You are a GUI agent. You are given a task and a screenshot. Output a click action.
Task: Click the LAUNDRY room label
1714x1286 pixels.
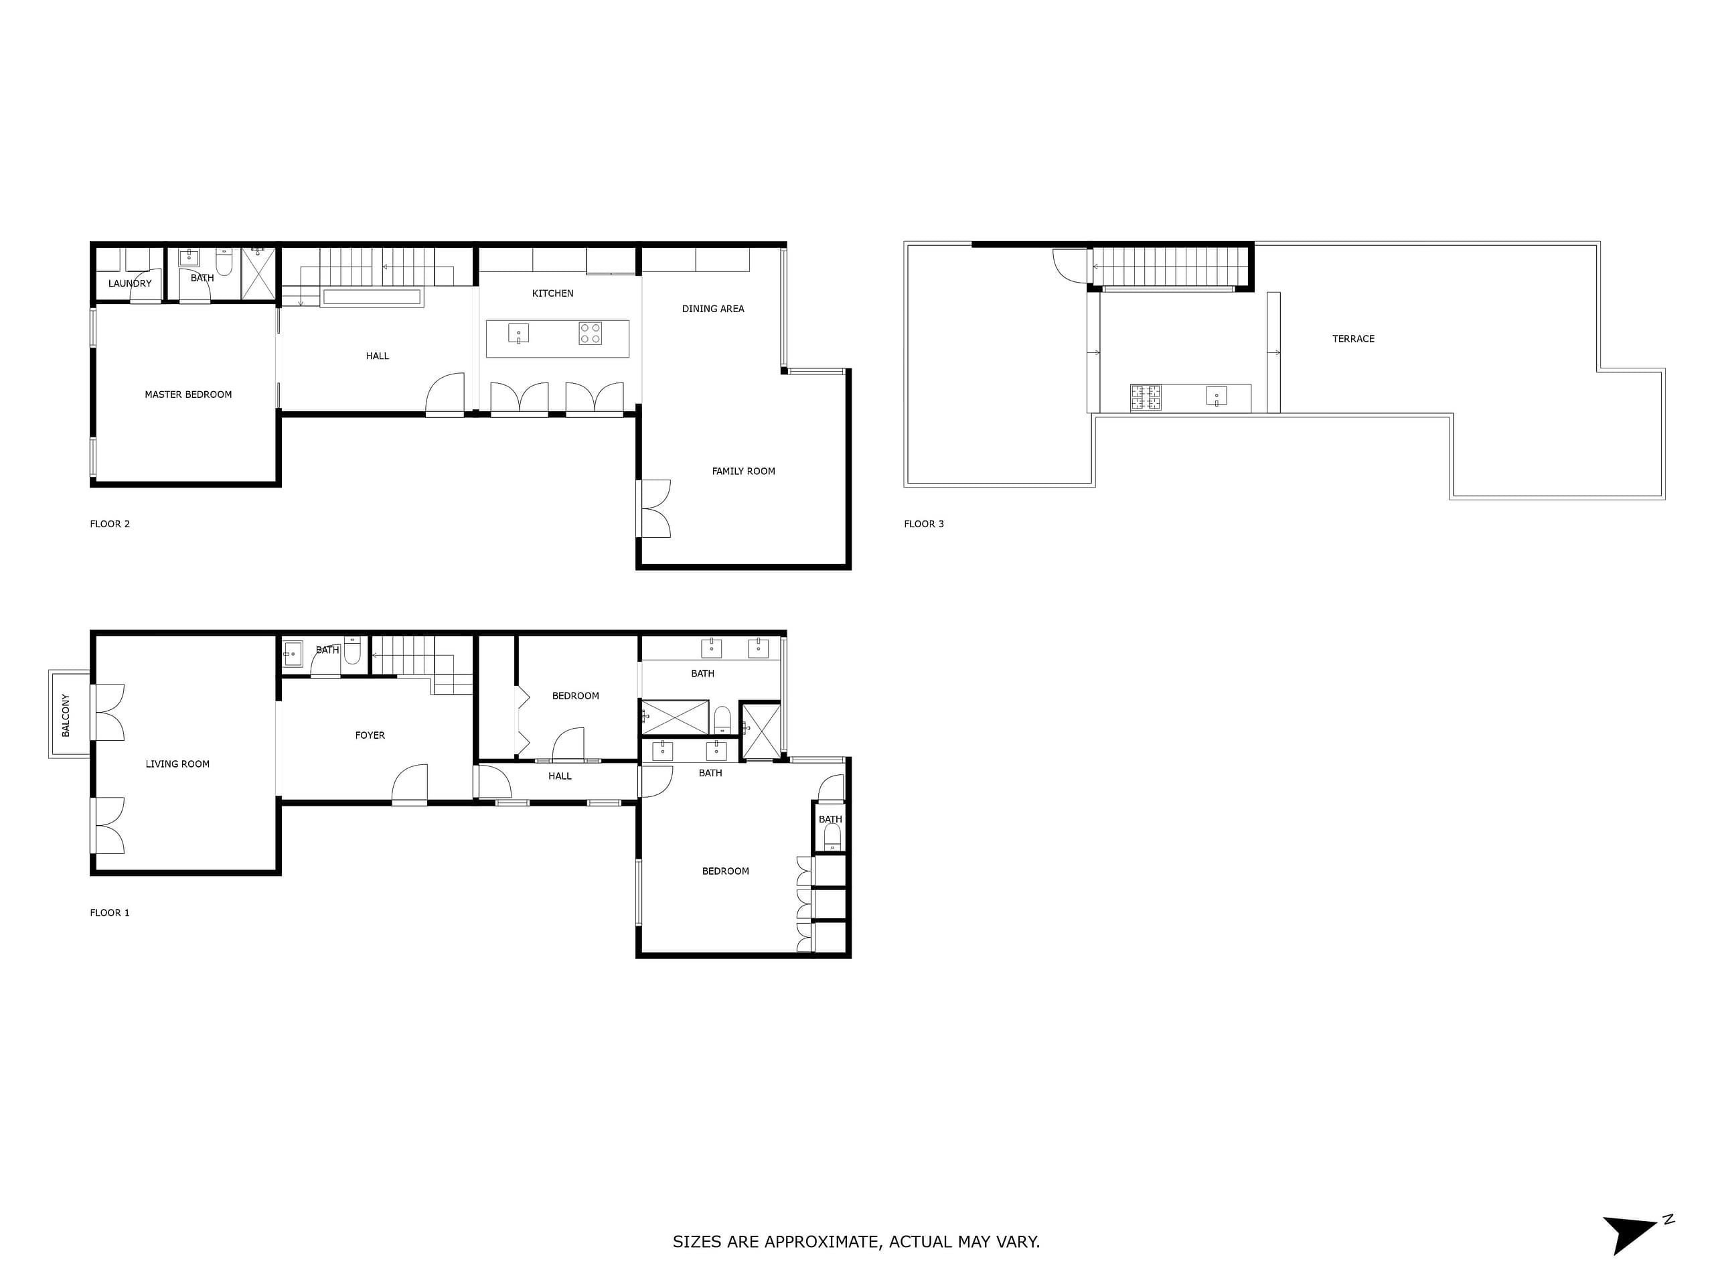[130, 284]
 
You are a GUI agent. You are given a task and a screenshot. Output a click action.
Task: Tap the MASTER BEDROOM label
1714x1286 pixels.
[188, 395]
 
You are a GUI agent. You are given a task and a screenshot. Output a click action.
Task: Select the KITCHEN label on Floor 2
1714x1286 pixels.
[552, 293]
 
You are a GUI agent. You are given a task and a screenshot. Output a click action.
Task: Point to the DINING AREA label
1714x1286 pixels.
[713, 309]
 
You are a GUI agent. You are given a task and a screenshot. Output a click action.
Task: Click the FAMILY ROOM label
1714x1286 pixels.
[743, 472]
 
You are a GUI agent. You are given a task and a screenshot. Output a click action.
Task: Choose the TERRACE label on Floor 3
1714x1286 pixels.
[1353, 339]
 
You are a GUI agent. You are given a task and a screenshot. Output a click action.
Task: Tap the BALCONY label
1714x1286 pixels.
[66, 715]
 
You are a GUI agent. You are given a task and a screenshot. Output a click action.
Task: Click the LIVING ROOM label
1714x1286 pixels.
[177, 764]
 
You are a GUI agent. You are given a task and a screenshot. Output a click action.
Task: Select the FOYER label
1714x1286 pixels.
[370, 735]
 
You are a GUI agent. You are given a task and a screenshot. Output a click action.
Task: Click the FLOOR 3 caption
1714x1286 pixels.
[924, 524]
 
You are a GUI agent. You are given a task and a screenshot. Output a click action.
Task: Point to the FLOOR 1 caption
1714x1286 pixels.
[110, 912]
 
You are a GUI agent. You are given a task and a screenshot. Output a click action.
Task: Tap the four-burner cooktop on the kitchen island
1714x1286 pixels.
[590, 334]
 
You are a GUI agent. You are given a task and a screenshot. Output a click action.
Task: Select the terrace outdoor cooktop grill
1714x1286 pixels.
[1146, 398]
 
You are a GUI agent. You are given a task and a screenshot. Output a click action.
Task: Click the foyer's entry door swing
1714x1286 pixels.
[410, 783]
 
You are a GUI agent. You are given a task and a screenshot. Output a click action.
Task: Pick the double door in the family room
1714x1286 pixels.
[655, 509]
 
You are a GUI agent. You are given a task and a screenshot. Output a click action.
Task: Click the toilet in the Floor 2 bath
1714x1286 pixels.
[224, 262]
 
